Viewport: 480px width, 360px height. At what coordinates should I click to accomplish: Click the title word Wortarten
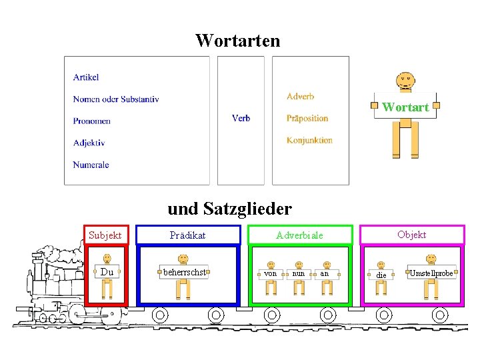[x=237, y=41]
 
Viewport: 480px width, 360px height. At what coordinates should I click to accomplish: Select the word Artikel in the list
[x=86, y=77]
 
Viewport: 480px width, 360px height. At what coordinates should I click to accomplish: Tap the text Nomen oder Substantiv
[x=116, y=99]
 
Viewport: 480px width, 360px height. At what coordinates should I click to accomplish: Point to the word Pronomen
[x=92, y=121]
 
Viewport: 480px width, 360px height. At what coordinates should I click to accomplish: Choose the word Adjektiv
[x=89, y=143]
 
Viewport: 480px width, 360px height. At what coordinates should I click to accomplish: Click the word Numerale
[x=91, y=165]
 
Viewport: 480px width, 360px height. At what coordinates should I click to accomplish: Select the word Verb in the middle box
[x=241, y=118]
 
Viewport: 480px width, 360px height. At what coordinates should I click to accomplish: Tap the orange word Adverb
[x=300, y=97]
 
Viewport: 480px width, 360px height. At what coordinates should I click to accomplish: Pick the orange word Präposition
[x=307, y=118]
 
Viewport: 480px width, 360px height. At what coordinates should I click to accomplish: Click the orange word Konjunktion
[x=309, y=140]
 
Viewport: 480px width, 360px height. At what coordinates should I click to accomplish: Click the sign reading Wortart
[x=405, y=107]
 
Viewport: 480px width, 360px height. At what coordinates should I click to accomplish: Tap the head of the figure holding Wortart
[x=405, y=81]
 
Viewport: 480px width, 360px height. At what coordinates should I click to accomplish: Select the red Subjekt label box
[x=105, y=235]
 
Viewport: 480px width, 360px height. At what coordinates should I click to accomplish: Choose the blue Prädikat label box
[x=188, y=235]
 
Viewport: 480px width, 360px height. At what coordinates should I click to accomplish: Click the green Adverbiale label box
[x=300, y=235]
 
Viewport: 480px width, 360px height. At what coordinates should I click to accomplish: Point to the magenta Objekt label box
[x=412, y=234]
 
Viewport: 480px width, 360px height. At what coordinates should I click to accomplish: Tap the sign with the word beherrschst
[x=184, y=272]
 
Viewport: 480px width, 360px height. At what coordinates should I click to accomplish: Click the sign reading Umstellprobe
[x=431, y=273]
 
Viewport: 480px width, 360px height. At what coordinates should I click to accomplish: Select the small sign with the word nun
[x=299, y=273]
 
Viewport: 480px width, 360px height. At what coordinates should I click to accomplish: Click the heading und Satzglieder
[x=229, y=209]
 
